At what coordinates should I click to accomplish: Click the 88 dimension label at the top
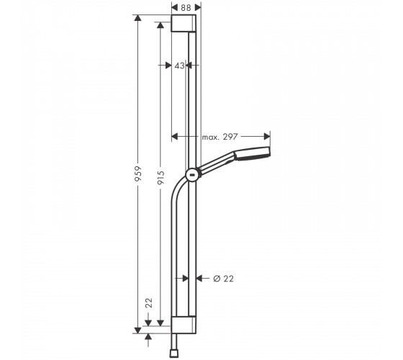coord(186,8)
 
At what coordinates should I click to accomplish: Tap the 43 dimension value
coord(179,66)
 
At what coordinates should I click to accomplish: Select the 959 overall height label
coord(138,174)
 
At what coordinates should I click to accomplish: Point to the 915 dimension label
coord(160,178)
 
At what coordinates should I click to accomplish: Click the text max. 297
coord(219,137)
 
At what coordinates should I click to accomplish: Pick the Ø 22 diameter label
coord(224,279)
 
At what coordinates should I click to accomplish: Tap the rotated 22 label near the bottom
coord(149,302)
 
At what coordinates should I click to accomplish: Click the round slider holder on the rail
coord(193,175)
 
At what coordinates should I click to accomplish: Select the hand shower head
coord(253,153)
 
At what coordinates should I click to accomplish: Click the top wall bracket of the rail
coord(184,23)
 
